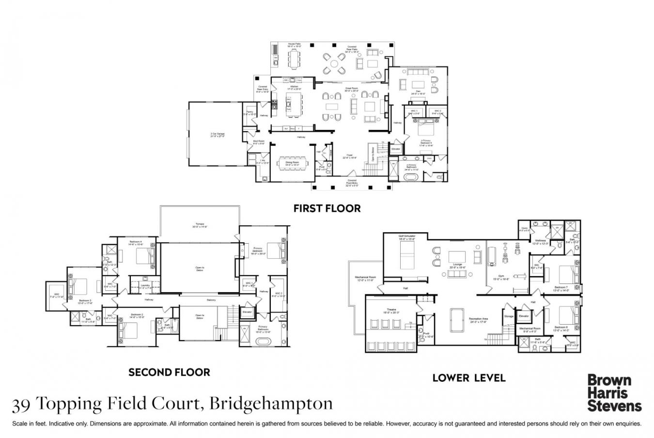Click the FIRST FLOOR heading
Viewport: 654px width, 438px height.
(x=327, y=208)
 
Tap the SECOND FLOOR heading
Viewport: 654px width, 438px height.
(x=169, y=372)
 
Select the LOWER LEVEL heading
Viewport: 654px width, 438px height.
(x=468, y=377)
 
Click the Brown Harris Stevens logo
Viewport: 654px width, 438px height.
(x=614, y=392)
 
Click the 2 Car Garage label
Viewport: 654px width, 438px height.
(x=218, y=135)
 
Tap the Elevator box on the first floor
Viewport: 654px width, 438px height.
(x=396, y=149)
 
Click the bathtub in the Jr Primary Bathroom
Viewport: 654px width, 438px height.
(x=413, y=177)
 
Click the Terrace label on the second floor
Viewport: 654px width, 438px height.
(x=200, y=225)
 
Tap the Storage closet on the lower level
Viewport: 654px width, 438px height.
(x=509, y=316)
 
